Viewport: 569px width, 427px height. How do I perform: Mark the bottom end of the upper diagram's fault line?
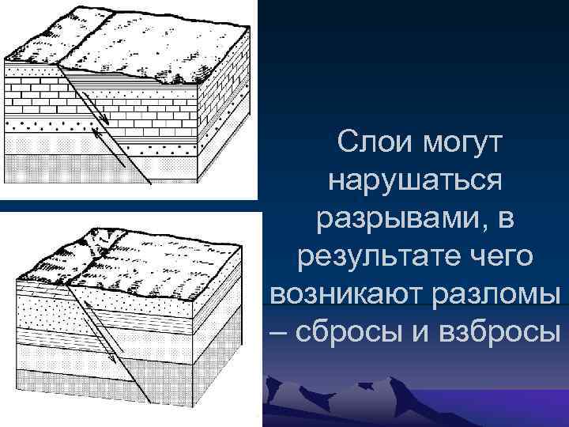129,168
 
